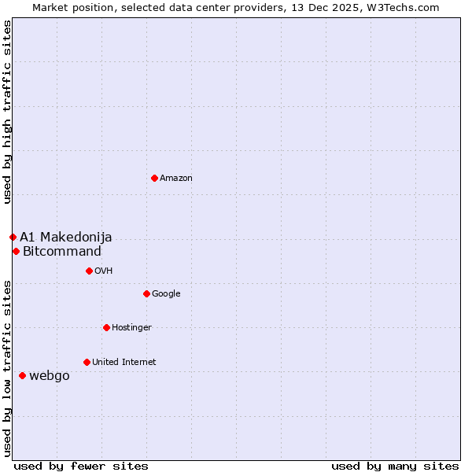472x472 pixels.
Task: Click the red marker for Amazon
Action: click(154, 178)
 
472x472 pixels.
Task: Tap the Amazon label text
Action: click(176, 179)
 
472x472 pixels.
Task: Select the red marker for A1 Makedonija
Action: click(13, 237)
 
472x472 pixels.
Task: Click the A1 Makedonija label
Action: click(66, 238)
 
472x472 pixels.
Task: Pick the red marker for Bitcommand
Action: click(16, 251)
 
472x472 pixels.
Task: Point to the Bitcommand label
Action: click(62, 252)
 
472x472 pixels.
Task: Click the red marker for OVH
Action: click(89, 271)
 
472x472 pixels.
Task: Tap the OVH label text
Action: click(104, 271)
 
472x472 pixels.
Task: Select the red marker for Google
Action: click(146, 293)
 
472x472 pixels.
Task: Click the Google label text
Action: click(166, 294)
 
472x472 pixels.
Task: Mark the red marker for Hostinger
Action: click(106, 327)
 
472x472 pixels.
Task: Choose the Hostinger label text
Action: click(131, 328)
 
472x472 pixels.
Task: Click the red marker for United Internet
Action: click(87, 362)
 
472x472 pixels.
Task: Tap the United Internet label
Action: click(124, 363)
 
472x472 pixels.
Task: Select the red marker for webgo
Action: click(22, 375)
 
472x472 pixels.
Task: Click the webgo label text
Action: click(50, 376)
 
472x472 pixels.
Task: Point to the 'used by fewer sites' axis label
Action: click(81, 466)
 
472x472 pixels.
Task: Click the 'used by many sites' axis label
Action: click(395, 466)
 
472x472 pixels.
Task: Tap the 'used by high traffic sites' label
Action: click(8, 112)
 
